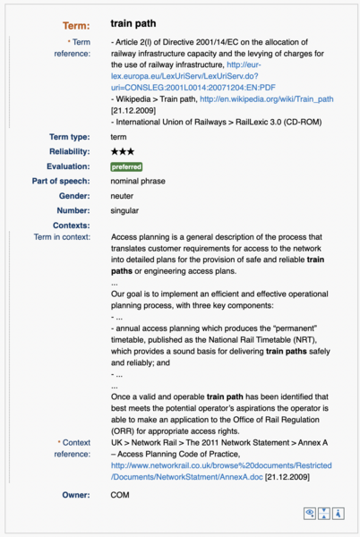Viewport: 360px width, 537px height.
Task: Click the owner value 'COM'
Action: coord(120,494)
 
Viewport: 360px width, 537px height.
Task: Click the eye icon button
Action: coord(311,514)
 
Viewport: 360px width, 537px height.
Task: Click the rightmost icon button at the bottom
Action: coord(340,514)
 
